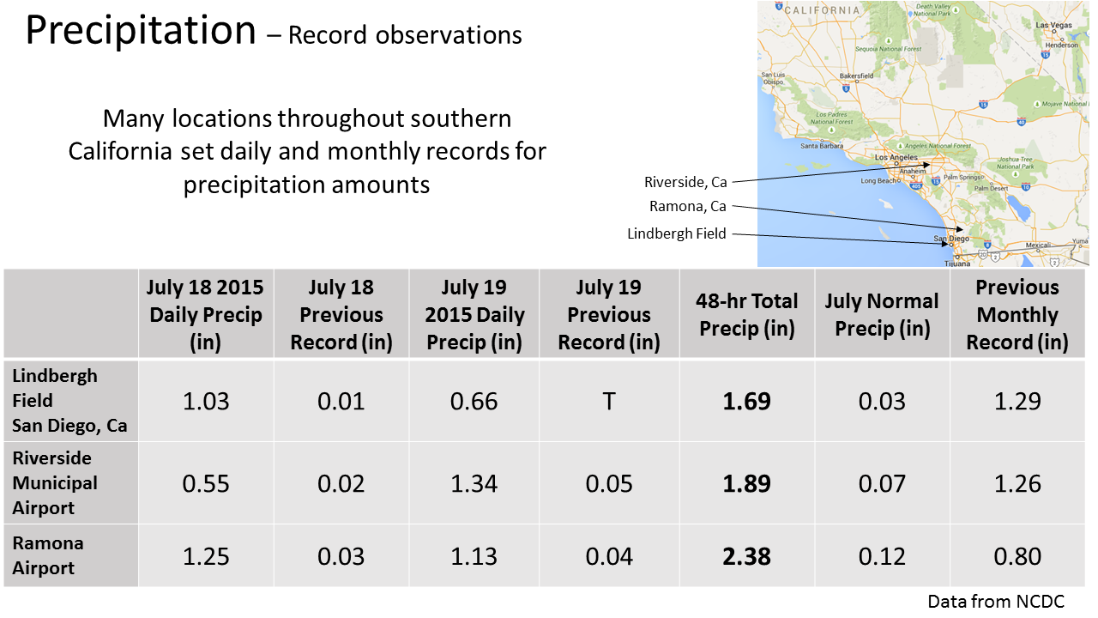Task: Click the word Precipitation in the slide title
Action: [141, 32]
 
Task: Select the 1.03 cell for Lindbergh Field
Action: [206, 401]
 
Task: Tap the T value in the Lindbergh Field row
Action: [608, 401]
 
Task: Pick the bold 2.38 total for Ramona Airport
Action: [746, 556]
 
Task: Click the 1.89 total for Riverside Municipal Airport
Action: [746, 483]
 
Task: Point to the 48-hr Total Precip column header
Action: [746, 314]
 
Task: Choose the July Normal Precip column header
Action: [882, 314]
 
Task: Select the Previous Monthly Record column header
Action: [1017, 314]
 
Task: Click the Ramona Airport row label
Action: [48, 555]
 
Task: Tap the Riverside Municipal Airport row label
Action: [55, 482]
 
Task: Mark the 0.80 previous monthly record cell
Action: [1017, 556]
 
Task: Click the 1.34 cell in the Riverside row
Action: [474, 483]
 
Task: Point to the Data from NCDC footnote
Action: [996, 602]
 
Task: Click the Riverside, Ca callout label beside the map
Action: [685, 182]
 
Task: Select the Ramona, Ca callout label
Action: [688, 206]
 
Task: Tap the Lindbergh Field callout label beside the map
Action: [677, 233]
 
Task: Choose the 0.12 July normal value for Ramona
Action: [882, 556]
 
